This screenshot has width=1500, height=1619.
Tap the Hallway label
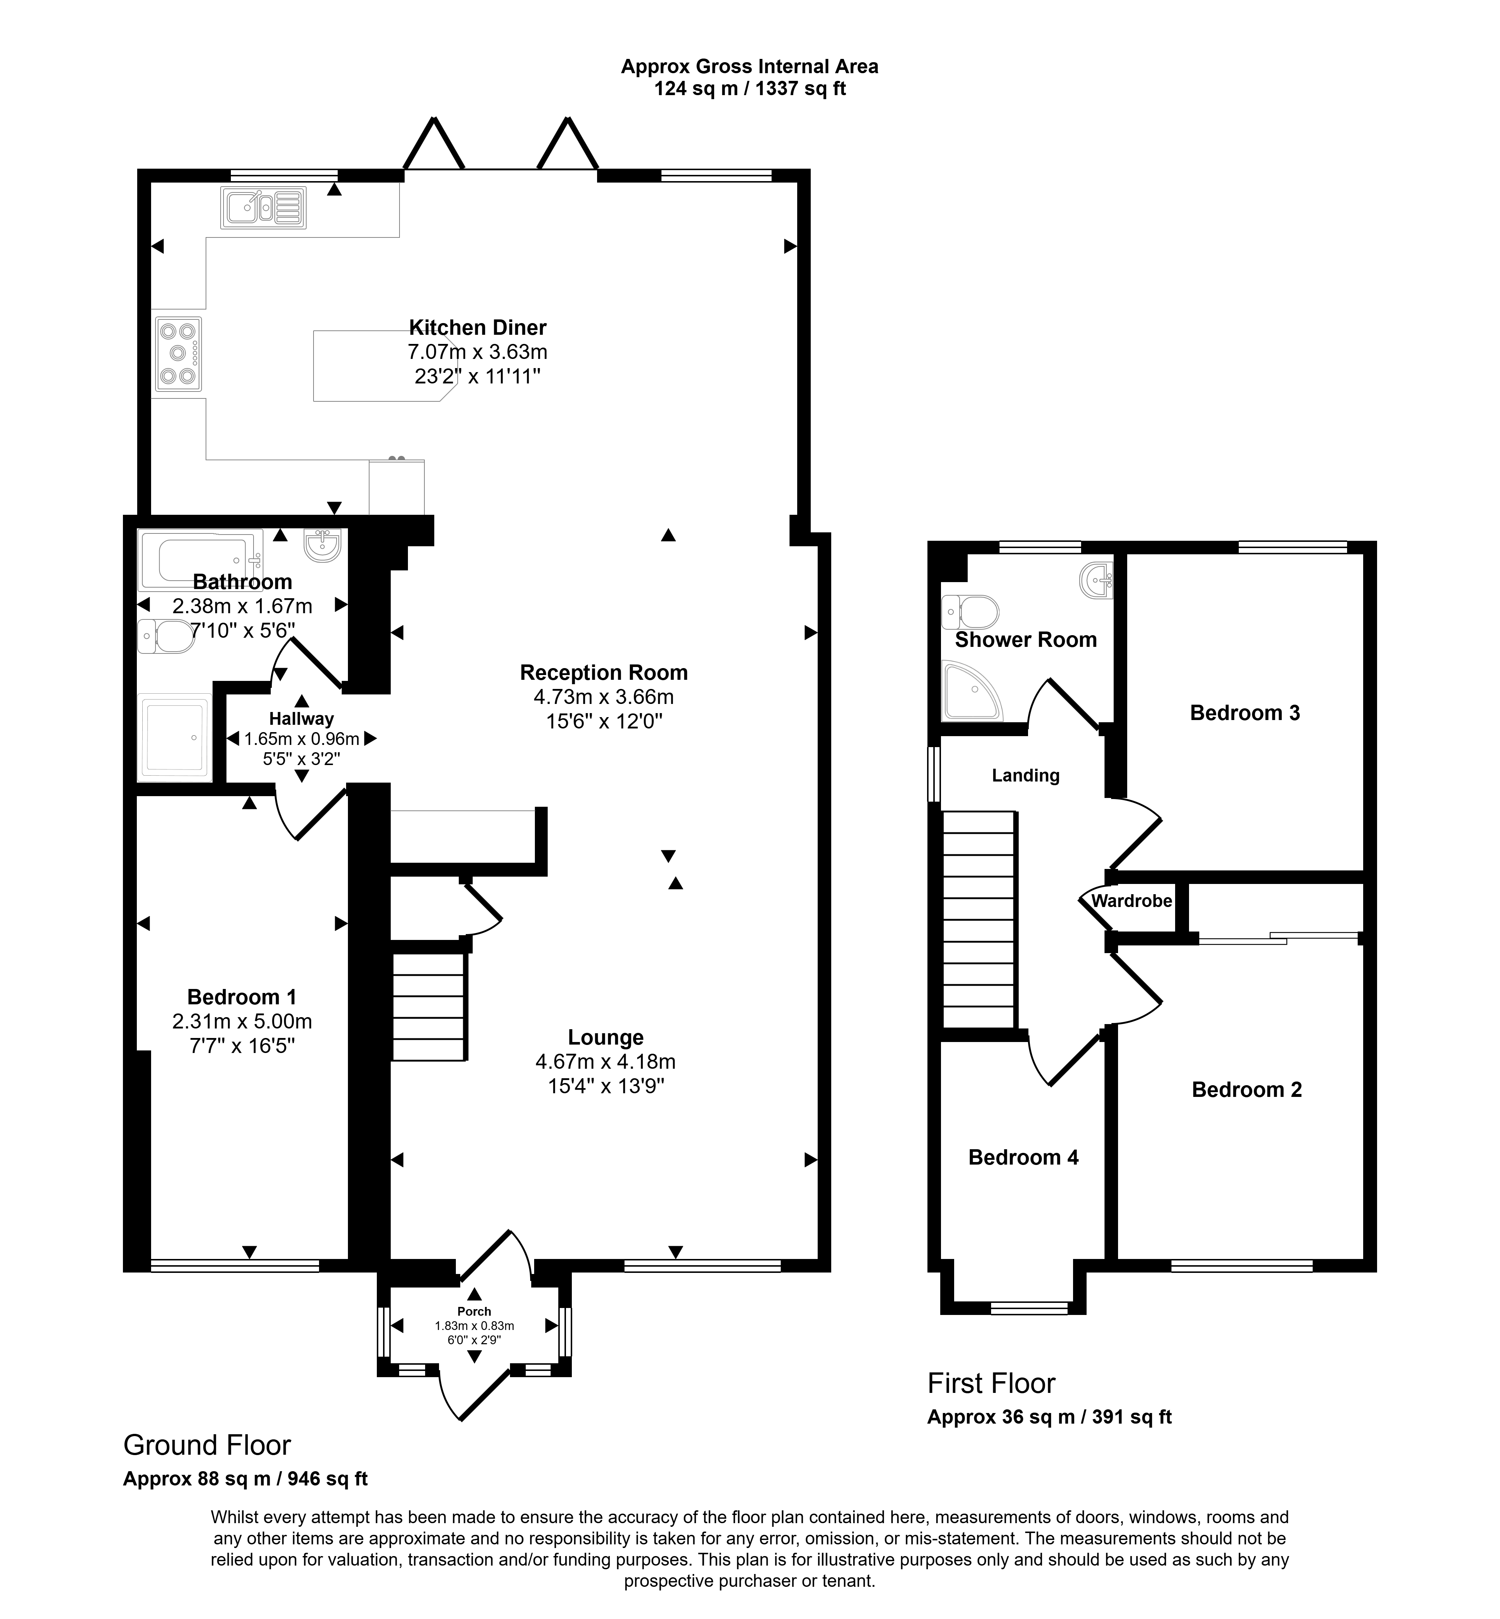(x=302, y=719)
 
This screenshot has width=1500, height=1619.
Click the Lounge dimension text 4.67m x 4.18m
(x=605, y=1061)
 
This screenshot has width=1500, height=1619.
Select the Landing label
(x=1026, y=776)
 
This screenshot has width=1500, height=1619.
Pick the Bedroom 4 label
(x=1024, y=1157)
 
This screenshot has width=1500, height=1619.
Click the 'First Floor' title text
(x=991, y=1383)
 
